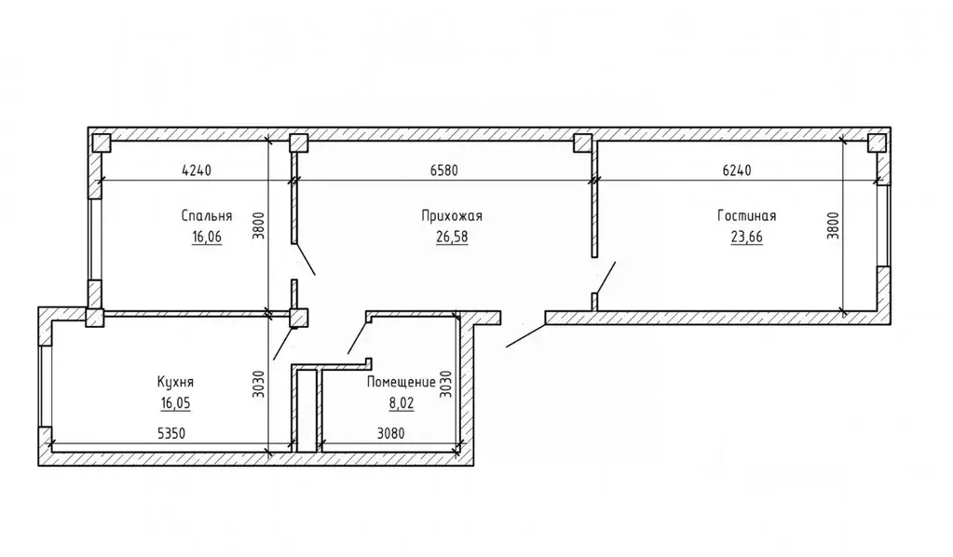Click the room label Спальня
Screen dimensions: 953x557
(207, 216)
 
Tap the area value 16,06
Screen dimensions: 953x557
(207, 237)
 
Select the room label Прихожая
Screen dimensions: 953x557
(452, 216)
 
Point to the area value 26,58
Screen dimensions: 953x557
(452, 237)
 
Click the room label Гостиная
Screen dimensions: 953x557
(746, 216)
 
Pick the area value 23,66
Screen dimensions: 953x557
(746, 237)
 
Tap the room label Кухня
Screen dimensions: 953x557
(176, 382)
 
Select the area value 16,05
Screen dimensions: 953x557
(176, 402)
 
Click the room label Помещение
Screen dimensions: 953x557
(401, 382)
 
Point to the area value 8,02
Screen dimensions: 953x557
(402, 402)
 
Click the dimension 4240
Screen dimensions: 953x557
(197, 170)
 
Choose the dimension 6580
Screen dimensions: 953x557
(443, 170)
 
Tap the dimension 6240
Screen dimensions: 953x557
(737, 170)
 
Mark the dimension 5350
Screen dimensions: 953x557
(171, 433)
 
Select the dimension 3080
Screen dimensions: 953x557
(391, 433)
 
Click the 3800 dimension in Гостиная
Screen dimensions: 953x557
(833, 225)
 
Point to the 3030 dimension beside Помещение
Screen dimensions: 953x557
(445, 384)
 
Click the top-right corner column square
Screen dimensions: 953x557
(877, 143)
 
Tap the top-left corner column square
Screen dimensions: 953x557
(101, 143)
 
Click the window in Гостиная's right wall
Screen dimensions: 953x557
(883, 225)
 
